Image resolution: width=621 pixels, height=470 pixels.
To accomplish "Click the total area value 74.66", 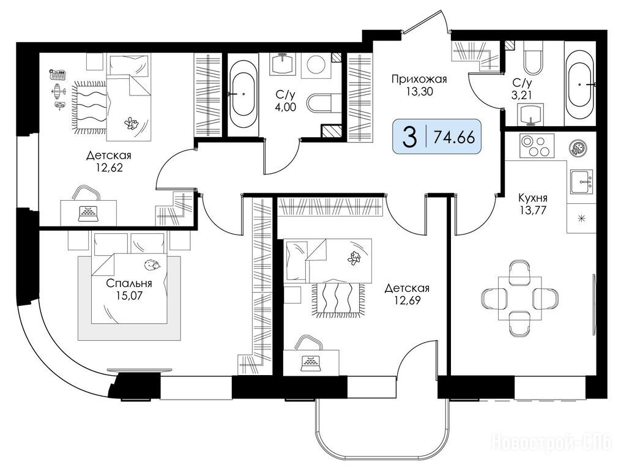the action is [x=454, y=138].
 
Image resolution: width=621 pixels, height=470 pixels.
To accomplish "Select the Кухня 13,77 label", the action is [x=534, y=203].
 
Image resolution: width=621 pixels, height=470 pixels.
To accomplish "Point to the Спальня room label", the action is [x=129, y=283].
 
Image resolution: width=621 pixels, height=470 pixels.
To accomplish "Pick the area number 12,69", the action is [x=407, y=300].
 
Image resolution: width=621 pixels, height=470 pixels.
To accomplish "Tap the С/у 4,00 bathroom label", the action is [x=286, y=100].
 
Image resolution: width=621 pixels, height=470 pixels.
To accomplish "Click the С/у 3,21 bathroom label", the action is [x=522, y=89].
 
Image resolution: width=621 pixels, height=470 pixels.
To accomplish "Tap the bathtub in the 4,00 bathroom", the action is [x=243, y=94].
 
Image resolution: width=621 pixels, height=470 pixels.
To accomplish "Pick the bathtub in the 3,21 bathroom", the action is [x=579, y=84].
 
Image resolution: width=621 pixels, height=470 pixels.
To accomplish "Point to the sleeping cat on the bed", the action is [x=152, y=265].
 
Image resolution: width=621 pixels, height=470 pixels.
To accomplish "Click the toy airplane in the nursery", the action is [x=59, y=90].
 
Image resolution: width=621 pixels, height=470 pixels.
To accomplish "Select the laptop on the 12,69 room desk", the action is [x=311, y=363].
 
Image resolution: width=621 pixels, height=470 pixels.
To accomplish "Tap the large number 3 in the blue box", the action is [x=409, y=138].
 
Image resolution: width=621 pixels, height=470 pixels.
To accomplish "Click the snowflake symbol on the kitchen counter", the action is [x=582, y=218].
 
